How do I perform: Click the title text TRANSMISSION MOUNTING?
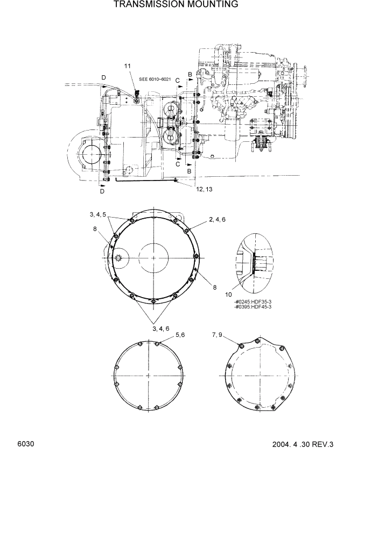[176, 5]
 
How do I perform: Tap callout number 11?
[128, 66]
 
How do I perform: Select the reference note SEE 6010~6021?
[155, 80]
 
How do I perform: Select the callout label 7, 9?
[218, 335]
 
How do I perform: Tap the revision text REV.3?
[322, 444]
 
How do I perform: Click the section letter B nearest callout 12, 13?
[189, 171]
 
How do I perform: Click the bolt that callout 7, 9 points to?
[242, 345]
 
